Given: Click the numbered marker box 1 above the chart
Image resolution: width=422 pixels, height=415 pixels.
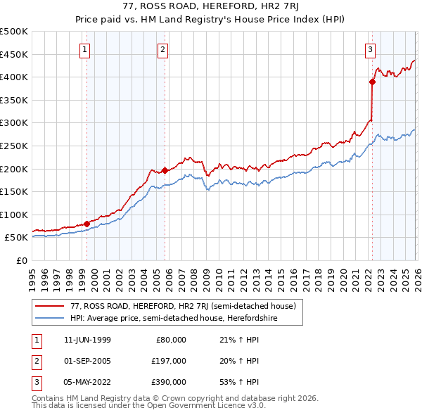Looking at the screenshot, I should (x=84, y=49).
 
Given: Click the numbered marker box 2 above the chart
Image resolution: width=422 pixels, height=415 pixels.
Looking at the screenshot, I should (x=162, y=49).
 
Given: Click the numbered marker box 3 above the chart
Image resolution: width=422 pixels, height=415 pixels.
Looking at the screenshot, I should (x=370, y=49).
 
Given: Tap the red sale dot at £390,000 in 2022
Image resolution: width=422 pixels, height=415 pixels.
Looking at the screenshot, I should (x=372, y=82).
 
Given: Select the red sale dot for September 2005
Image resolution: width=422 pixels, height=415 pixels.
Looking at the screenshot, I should (x=165, y=170).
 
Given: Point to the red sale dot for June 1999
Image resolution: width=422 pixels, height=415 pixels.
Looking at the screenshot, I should (x=87, y=224).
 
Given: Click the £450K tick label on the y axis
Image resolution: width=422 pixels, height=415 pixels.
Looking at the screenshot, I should (x=14, y=54).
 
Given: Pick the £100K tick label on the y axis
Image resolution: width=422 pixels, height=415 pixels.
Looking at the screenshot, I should (x=14, y=215).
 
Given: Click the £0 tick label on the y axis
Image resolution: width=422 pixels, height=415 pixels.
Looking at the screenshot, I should (x=21, y=260).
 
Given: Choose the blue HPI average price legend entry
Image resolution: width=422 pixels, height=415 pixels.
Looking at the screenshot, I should (x=174, y=318).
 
